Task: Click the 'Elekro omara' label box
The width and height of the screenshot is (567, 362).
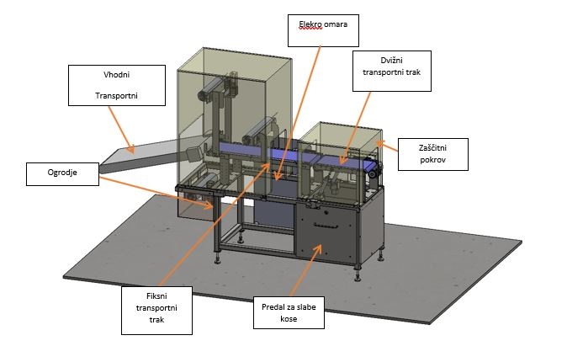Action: (x=323, y=31)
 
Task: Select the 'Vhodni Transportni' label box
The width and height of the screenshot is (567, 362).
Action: (x=117, y=85)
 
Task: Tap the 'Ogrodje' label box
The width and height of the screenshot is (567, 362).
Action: (x=62, y=174)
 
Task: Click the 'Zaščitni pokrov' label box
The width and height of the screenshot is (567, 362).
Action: (x=433, y=154)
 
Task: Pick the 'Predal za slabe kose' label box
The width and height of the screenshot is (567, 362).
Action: (x=289, y=313)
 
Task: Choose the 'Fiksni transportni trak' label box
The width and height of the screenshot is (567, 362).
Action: (x=156, y=311)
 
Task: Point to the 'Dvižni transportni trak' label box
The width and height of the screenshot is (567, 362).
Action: (x=392, y=71)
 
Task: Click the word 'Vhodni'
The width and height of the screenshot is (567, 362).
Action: (x=116, y=75)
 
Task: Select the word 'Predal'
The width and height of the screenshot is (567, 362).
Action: (x=273, y=307)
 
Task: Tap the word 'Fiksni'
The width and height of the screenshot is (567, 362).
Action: (x=156, y=296)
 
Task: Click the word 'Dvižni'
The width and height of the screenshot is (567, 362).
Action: (x=392, y=61)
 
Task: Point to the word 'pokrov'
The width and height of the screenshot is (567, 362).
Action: (x=433, y=160)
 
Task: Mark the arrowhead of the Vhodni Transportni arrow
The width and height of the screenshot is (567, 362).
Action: (x=131, y=149)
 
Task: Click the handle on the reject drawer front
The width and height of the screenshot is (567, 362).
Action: (x=326, y=226)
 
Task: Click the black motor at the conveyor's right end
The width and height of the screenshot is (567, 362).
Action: (x=373, y=170)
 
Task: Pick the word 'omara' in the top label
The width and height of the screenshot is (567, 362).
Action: (x=336, y=24)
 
